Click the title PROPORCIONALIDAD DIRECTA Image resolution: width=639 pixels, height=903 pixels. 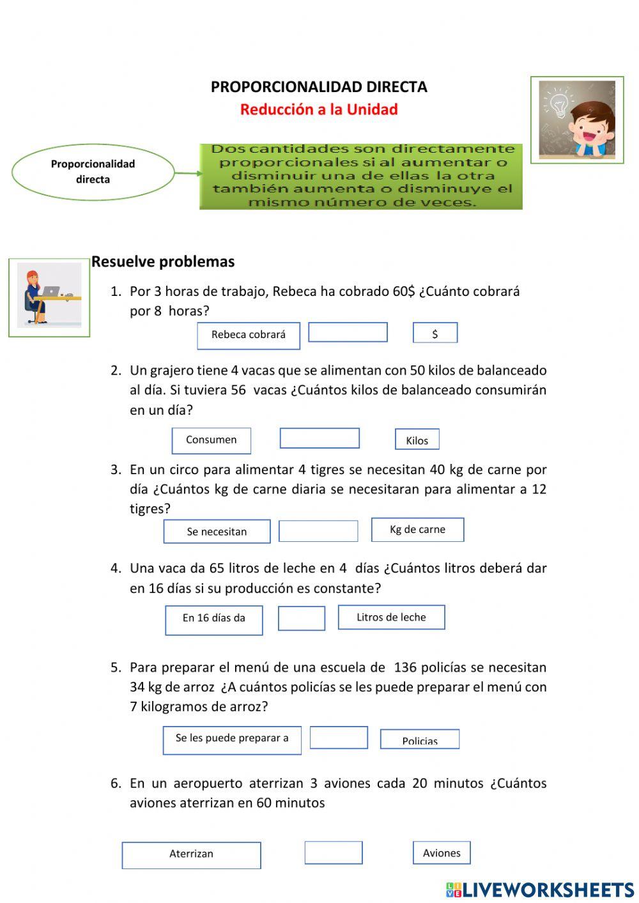(319, 87)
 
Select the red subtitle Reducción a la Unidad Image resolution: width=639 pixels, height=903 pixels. (319, 109)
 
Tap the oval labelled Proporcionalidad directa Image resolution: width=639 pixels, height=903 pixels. (93, 172)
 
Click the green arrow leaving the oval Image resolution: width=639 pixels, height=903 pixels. (188, 173)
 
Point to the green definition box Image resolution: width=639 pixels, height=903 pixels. (361, 176)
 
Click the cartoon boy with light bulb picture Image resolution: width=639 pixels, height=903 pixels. (577, 120)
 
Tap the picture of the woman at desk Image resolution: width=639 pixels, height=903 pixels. (49, 297)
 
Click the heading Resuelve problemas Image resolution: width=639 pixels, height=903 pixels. (163, 261)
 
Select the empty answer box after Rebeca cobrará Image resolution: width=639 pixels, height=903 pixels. (348, 332)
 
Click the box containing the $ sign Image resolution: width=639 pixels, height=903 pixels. (435, 333)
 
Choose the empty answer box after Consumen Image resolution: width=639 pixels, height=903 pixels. (319, 438)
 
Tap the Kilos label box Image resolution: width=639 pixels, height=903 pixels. (417, 440)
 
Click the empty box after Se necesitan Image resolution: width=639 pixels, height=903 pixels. (318, 531)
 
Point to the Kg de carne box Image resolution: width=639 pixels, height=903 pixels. (417, 530)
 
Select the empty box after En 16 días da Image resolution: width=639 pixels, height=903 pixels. (302, 618)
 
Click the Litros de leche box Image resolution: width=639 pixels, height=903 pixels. (391, 617)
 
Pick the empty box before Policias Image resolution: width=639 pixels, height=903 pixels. (339, 737)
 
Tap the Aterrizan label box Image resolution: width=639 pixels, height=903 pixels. (191, 855)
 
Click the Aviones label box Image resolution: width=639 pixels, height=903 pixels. (442, 853)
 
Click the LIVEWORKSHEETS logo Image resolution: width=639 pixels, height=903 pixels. (540, 890)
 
